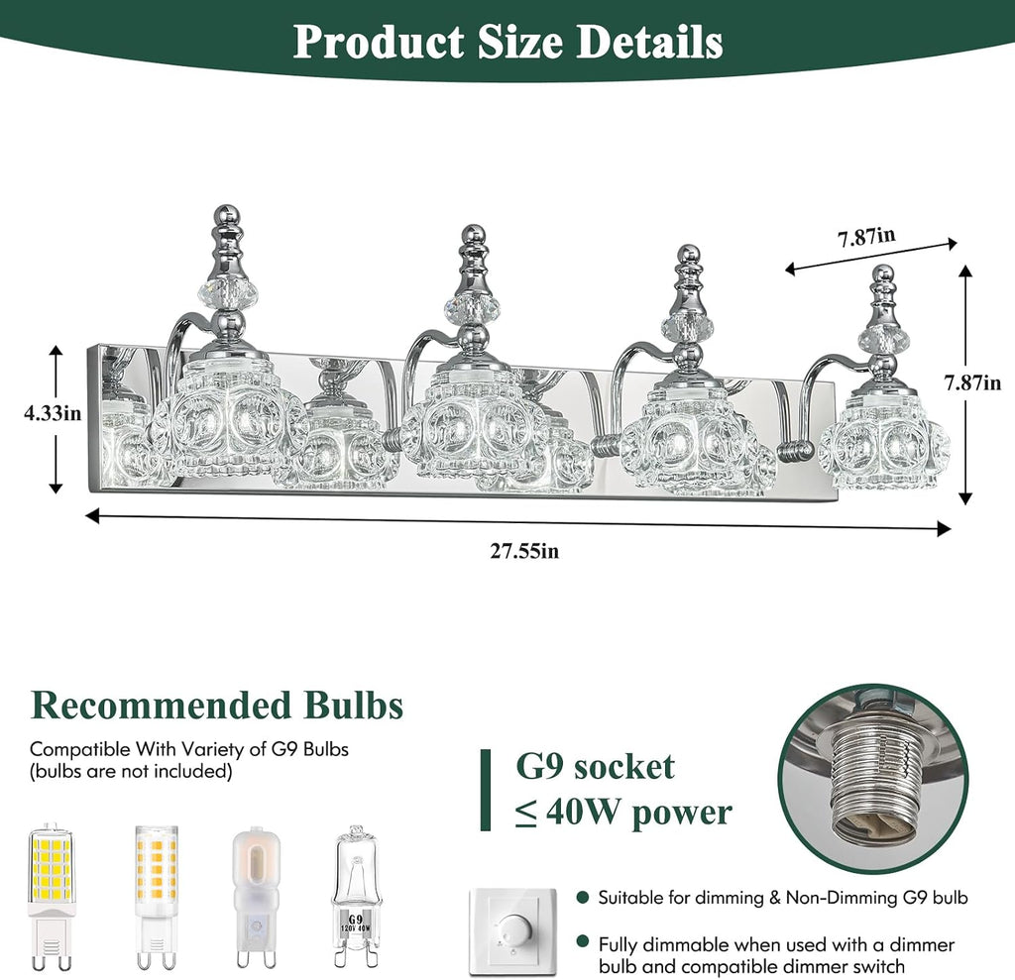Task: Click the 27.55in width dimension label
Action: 524,551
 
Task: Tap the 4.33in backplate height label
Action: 53,413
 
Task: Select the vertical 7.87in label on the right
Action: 972,382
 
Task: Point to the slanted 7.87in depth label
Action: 867,237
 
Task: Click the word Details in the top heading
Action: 649,42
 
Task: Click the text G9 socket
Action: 595,766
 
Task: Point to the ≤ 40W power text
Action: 623,812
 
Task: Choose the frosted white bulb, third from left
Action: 257,896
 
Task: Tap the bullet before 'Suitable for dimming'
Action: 583,897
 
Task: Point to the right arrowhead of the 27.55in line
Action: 945,529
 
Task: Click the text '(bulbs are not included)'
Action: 131,771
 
